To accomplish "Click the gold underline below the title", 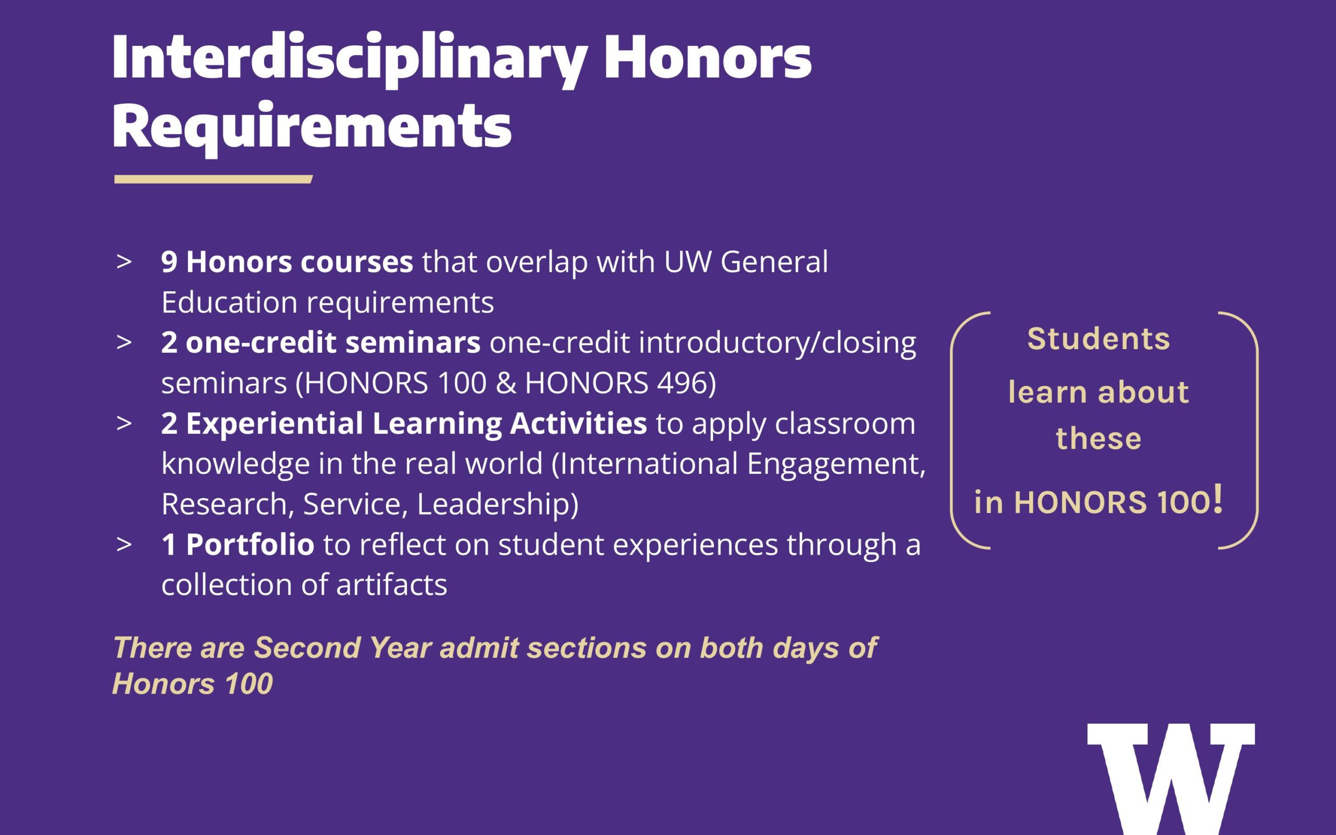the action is click(x=213, y=179).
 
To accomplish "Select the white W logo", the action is click(x=1171, y=779).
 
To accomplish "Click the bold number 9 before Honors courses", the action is click(x=169, y=262).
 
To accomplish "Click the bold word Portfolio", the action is click(x=250, y=544).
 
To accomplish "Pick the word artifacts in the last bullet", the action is click(x=391, y=585).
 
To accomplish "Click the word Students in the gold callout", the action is click(x=1099, y=339).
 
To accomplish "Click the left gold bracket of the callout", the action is click(x=952, y=431).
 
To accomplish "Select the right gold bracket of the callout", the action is click(x=1257, y=431).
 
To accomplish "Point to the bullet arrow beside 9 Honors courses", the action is click(x=124, y=262).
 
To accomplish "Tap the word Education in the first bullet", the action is click(x=230, y=302).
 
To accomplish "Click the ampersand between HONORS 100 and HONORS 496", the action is click(x=506, y=383).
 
